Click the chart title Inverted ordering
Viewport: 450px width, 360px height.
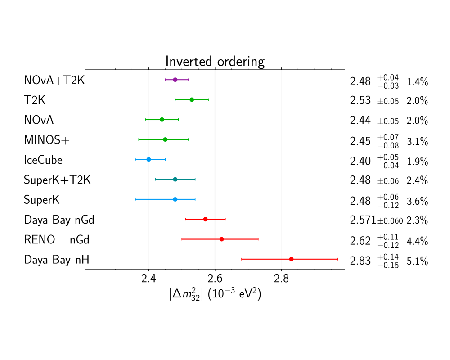coord(215,61)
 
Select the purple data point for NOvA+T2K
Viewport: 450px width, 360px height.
coord(175,80)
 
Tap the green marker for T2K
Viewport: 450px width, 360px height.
coord(192,99)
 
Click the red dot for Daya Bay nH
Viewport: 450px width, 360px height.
coord(292,259)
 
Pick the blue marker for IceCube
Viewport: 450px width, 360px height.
coord(148,159)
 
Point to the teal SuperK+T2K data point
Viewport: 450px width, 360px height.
coord(175,179)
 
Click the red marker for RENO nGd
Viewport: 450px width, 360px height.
coord(221,239)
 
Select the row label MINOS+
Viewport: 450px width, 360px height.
coord(47,140)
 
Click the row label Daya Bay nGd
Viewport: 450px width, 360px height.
coord(59,220)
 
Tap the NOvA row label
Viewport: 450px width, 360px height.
coord(39,120)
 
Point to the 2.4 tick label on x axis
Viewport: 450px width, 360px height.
coord(148,278)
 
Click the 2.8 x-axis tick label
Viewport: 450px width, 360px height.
coord(281,278)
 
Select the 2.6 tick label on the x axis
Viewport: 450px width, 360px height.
coord(215,278)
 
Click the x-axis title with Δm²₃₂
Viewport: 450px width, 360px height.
coord(215,294)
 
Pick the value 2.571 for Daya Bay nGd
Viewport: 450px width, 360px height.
coord(363,220)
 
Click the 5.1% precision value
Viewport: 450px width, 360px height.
coord(417,261)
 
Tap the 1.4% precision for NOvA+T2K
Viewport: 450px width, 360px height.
coord(417,82)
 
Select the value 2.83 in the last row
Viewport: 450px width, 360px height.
coord(360,261)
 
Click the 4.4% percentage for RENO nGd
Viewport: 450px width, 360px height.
coord(417,241)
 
